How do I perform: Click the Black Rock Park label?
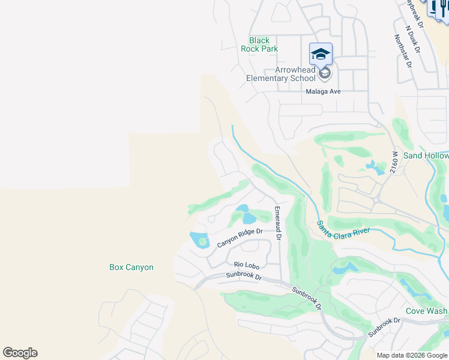coord(259,44)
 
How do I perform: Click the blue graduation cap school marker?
coord(321,54)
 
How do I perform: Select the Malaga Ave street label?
coord(323,91)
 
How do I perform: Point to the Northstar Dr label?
coord(402,50)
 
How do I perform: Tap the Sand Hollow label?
coord(426,155)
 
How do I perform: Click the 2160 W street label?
coord(395,163)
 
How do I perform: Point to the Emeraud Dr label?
coord(277,223)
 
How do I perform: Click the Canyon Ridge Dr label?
coord(240,238)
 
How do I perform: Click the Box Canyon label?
coord(131,267)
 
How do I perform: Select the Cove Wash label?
coord(426,311)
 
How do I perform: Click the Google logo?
coord(20,353)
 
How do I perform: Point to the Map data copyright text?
coord(412,355)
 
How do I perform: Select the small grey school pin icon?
coord(325,73)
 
